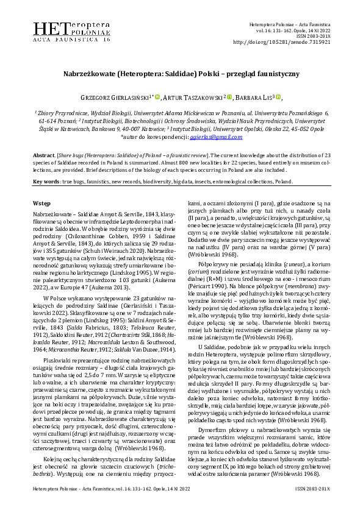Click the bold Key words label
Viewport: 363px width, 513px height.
coord(46,182)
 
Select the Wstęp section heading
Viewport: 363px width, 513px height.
coord(41,202)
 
